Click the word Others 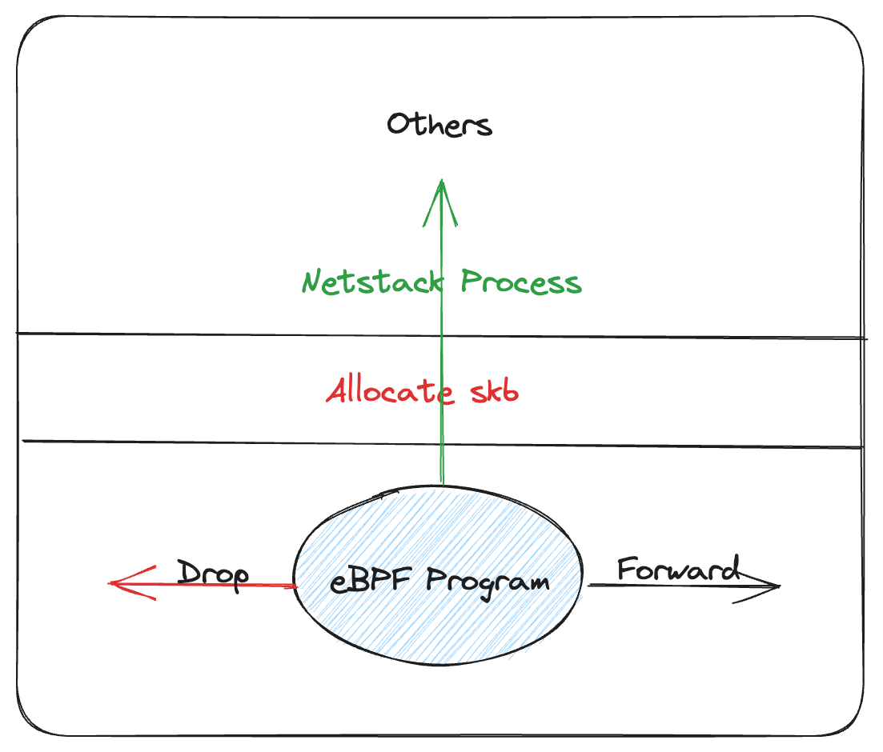[x=439, y=125]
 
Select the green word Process [x=521, y=282]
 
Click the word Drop [x=212, y=574]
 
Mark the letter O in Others [x=399, y=125]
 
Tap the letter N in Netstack [x=313, y=282]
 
